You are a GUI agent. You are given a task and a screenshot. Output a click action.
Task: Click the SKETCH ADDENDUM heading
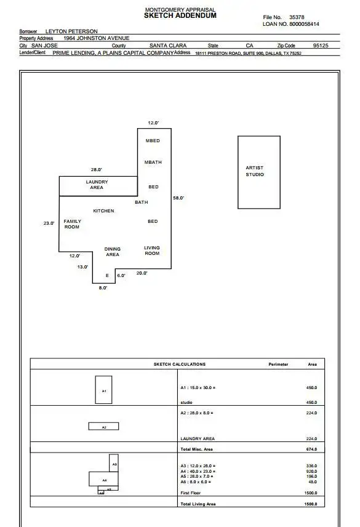click(x=180, y=15)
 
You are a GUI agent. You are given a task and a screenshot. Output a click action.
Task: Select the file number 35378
click(x=297, y=17)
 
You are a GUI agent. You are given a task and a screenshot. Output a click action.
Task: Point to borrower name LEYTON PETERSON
click(x=71, y=31)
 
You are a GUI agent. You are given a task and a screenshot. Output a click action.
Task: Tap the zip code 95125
click(x=321, y=46)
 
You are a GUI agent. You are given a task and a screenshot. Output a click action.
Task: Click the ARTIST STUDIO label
click(x=255, y=171)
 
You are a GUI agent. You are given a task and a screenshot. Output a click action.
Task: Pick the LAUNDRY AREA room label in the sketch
click(x=97, y=185)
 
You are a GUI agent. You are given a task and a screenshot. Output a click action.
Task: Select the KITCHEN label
click(x=103, y=211)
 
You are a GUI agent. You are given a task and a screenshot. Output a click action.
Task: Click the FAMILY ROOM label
click(x=72, y=224)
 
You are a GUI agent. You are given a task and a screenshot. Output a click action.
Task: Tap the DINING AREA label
click(x=113, y=252)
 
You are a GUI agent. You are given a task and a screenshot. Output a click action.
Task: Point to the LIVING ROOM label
click(x=152, y=251)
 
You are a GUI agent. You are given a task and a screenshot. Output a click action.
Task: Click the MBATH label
click(x=153, y=162)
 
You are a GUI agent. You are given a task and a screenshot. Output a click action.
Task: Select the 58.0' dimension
click(x=178, y=198)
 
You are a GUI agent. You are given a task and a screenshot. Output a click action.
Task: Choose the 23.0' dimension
click(x=49, y=223)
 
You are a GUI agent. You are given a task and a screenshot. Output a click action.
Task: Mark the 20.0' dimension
click(x=142, y=273)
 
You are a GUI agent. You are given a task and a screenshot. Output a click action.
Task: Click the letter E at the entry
click(x=107, y=276)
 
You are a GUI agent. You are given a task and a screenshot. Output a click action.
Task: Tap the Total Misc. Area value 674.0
click(x=311, y=449)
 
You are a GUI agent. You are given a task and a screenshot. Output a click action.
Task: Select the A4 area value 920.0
click(x=311, y=471)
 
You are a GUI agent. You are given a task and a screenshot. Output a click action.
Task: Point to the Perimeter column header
click(x=278, y=364)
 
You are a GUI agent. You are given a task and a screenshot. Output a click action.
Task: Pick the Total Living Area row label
click(x=198, y=504)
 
